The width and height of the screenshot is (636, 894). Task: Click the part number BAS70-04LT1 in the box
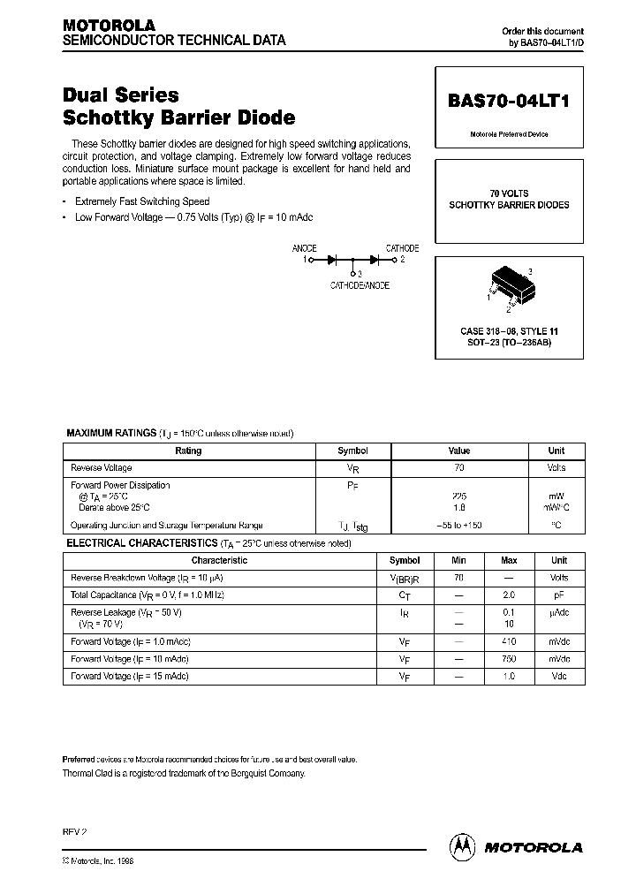509,102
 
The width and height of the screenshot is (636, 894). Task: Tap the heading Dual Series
121,95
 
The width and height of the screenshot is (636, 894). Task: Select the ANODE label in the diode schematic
304,249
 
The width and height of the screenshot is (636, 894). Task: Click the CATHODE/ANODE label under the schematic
360,285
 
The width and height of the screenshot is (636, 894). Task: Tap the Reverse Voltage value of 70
458,468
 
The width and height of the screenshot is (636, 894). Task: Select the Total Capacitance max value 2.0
509,595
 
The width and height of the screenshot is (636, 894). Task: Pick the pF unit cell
559,595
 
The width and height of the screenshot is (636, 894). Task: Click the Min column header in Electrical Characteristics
458,560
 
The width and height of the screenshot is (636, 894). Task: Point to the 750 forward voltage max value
509,659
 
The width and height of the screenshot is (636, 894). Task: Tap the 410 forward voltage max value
509,641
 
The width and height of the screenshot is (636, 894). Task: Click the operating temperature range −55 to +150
458,525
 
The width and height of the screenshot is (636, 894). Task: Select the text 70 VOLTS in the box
509,193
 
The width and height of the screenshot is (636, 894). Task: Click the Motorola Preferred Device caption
509,134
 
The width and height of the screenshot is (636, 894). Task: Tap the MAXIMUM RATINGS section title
112,433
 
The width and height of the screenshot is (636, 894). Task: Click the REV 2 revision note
75,832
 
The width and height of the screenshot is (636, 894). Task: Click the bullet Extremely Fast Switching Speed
141,201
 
